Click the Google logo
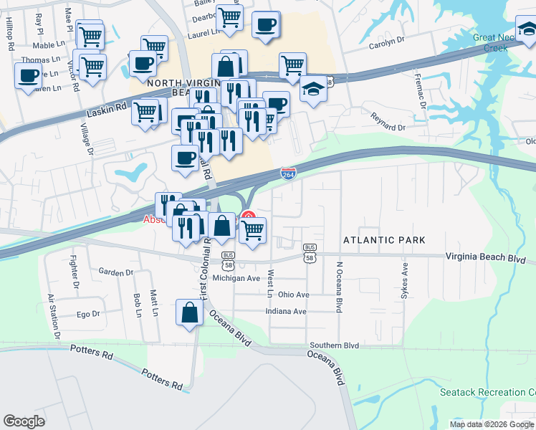(x=24, y=421)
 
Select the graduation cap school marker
(x=313, y=90)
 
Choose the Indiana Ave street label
(x=286, y=312)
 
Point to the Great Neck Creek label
(x=499, y=43)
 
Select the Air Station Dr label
(x=52, y=316)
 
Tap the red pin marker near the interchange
(x=248, y=216)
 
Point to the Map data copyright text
(x=492, y=424)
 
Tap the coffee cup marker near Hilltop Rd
(x=29, y=76)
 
